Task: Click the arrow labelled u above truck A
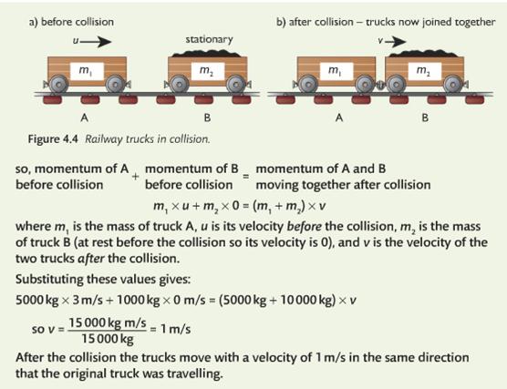pyautogui.click(x=96, y=41)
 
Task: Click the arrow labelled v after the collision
pyautogui.click(x=395, y=41)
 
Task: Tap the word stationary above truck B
pyautogui.click(x=209, y=39)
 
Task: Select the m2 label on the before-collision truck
pyautogui.click(x=207, y=71)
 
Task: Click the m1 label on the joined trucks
pyautogui.click(x=336, y=71)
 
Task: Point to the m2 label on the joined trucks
pyautogui.click(x=425, y=71)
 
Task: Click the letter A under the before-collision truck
pyautogui.click(x=84, y=118)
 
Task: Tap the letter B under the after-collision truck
pyautogui.click(x=425, y=118)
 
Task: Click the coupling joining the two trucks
pyautogui.click(x=380, y=86)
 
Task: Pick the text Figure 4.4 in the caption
pyautogui.click(x=53, y=139)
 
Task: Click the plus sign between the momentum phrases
pyautogui.click(x=136, y=177)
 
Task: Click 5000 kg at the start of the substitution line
pyautogui.click(x=37, y=300)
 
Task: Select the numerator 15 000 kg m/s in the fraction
pyautogui.click(x=108, y=322)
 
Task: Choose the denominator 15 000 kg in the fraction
pyautogui.click(x=108, y=339)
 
